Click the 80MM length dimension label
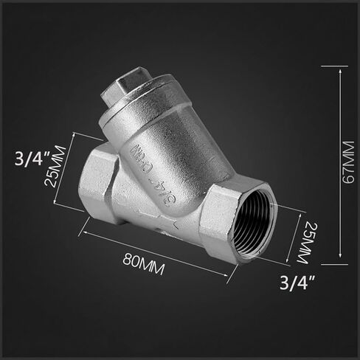click(x=143, y=264)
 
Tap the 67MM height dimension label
click(x=349, y=162)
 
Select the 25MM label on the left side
click(x=55, y=167)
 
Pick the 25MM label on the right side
click(x=305, y=243)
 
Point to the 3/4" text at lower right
click(x=297, y=283)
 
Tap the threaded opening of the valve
click(x=254, y=224)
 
